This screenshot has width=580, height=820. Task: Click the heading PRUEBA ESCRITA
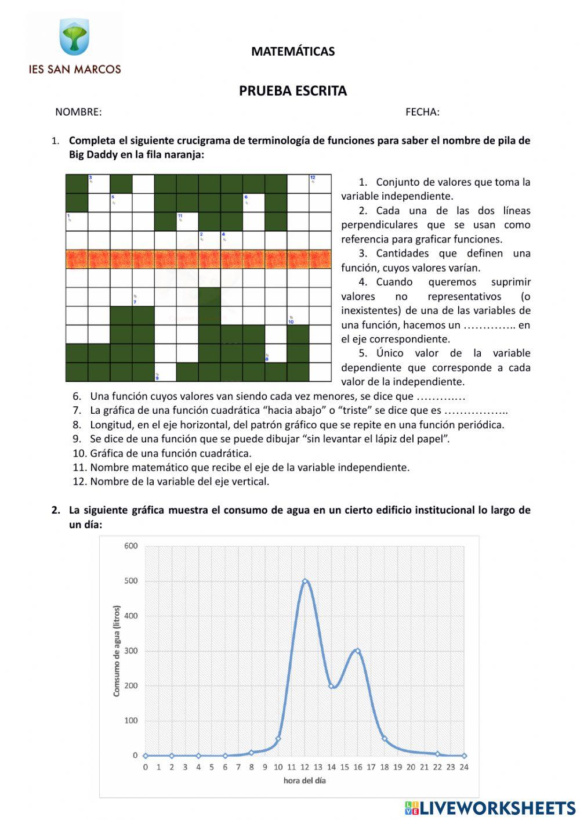click(x=293, y=91)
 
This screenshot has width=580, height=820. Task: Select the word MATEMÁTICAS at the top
click(x=293, y=51)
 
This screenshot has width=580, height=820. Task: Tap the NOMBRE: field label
click(x=78, y=112)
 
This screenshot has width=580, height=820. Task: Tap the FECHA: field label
click(x=422, y=112)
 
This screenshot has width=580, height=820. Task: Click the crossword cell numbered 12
click(x=320, y=184)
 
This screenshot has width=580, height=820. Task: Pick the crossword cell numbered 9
click(x=165, y=372)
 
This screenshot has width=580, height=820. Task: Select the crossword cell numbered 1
click(x=77, y=222)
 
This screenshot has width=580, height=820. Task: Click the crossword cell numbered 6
click(x=253, y=203)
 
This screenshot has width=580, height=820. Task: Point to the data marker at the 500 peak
click(x=305, y=581)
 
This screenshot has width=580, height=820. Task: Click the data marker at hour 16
click(x=358, y=651)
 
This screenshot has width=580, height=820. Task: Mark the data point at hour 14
click(x=332, y=686)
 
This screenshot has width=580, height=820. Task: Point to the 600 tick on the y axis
click(x=131, y=546)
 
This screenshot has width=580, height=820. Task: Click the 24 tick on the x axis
click(x=464, y=767)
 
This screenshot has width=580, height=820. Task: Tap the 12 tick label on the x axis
click(x=304, y=767)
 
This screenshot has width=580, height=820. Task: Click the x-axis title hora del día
click(x=304, y=781)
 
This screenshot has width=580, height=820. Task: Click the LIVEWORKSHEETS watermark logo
click(x=490, y=808)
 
